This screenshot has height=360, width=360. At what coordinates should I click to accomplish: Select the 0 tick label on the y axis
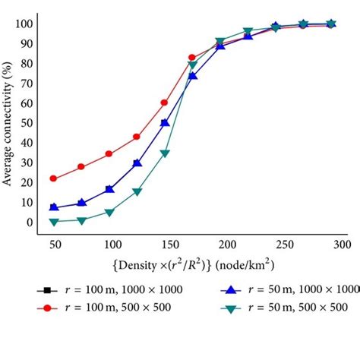click(x=29, y=223)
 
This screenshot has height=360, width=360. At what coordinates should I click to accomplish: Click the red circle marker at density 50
click(x=53, y=178)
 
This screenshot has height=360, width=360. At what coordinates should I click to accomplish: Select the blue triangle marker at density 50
click(x=53, y=207)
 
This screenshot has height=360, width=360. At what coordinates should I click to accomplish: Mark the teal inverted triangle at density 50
click(x=53, y=221)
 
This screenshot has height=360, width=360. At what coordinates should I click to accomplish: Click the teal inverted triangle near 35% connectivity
click(x=165, y=153)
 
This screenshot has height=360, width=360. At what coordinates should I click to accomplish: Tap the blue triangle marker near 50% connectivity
click(x=165, y=122)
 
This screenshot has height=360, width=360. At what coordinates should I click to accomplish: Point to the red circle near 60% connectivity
click(x=165, y=102)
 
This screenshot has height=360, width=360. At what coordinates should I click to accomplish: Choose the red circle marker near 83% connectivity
click(x=192, y=58)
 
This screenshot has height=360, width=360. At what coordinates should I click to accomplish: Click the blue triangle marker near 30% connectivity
click(x=137, y=163)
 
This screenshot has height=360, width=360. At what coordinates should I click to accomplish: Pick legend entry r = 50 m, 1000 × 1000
click(x=289, y=290)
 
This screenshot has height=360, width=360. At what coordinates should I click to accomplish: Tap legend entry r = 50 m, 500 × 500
click(x=285, y=308)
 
